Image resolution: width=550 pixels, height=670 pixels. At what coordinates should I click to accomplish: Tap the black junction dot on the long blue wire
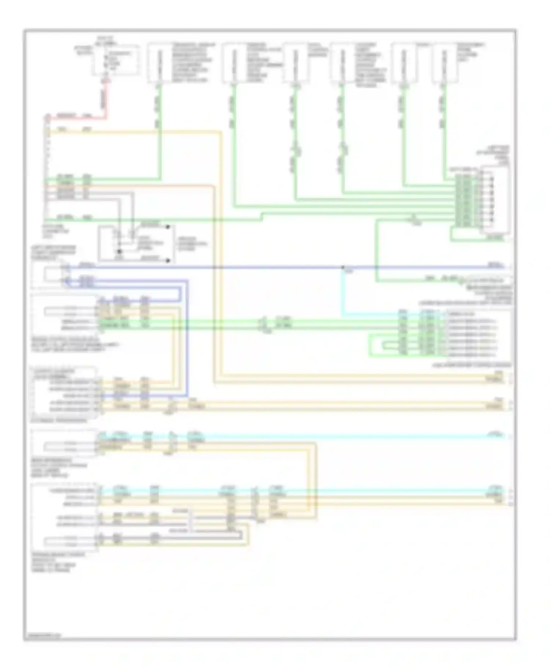(x=343, y=267)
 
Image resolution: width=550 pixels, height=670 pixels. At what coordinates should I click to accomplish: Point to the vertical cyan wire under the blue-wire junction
(x=343, y=293)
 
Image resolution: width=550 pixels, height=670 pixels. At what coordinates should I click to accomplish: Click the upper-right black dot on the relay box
(x=168, y=227)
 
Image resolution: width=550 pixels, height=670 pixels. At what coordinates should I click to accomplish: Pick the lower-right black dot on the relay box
(x=168, y=261)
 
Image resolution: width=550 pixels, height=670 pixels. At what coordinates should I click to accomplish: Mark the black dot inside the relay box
(x=119, y=252)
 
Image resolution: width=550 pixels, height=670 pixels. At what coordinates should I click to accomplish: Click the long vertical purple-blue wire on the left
(x=188, y=337)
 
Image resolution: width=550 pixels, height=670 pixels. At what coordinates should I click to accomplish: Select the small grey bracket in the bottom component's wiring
(x=191, y=520)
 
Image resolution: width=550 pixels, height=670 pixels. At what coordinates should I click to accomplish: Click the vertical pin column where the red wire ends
(x=48, y=169)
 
